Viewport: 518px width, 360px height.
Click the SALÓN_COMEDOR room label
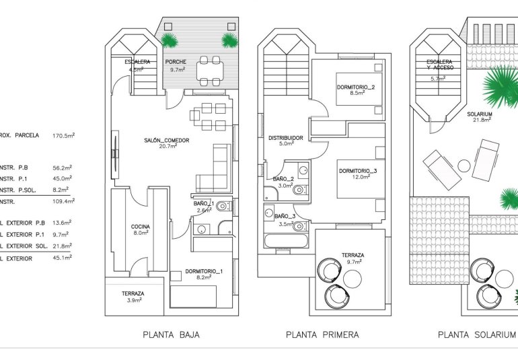[166, 141]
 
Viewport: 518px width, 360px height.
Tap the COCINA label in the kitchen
[141, 227]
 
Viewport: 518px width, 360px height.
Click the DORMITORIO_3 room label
[358, 171]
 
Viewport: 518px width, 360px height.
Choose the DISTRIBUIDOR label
[286, 138]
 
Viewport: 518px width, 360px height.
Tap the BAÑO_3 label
[285, 215]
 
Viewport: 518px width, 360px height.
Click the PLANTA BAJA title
[171, 334]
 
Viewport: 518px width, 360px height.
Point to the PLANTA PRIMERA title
[322, 334]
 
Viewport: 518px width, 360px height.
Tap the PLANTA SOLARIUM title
[476, 334]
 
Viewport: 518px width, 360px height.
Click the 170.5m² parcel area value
[63, 135]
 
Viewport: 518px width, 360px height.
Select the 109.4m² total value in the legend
[63, 201]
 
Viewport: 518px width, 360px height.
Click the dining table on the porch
[209, 71]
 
